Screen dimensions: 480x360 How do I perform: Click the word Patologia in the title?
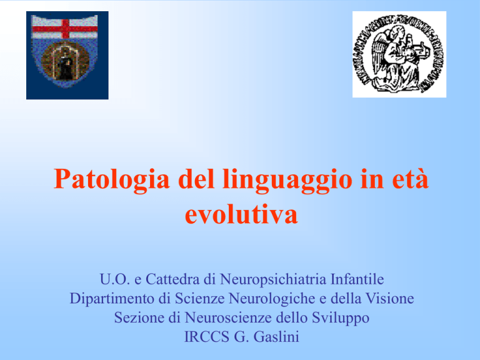(x=112, y=180)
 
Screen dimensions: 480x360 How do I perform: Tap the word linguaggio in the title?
(x=287, y=180)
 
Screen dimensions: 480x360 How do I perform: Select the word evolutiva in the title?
(x=241, y=214)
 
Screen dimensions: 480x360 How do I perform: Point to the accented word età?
(x=410, y=179)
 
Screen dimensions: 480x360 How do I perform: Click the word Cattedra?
(x=173, y=279)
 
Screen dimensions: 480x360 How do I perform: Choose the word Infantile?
(x=357, y=279)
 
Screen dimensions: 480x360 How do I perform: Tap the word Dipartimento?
(x=112, y=299)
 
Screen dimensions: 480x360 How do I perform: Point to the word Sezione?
(x=139, y=317)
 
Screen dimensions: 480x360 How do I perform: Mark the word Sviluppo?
(x=341, y=318)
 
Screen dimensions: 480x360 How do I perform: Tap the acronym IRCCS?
(x=207, y=337)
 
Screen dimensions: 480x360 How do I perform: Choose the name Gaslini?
(x=276, y=337)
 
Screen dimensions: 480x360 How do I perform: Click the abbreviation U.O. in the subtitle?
(x=114, y=279)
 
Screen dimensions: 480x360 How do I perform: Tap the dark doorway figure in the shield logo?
(x=65, y=68)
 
